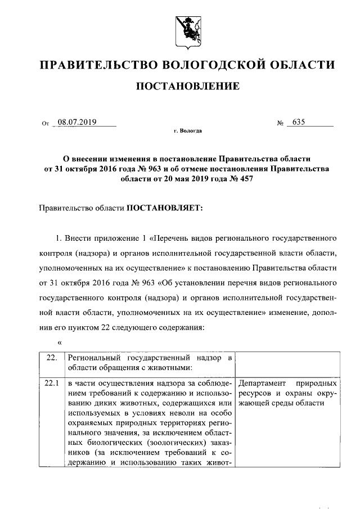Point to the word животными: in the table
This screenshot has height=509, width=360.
(x=168, y=368)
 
